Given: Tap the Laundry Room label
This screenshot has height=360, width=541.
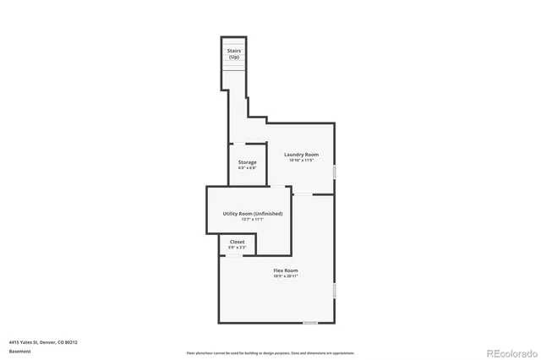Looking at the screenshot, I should [x=301, y=155].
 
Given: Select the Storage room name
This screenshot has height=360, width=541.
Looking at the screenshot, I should [x=247, y=162].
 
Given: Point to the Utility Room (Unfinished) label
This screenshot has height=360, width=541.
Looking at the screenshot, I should [x=253, y=214].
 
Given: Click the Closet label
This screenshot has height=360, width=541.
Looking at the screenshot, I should [x=238, y=242].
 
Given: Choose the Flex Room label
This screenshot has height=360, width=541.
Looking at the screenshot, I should [x=285, y=270].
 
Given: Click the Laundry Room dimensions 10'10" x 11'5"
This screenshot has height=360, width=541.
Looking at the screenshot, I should [x=301, y=161].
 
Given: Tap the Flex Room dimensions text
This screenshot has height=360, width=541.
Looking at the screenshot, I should [x=285, y=276].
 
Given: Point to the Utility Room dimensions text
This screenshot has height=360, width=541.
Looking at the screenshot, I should [x=253, y=220].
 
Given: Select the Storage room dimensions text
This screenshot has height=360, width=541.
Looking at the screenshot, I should [x=247, y=168].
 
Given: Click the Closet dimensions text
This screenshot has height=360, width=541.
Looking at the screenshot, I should [x=238, y=248].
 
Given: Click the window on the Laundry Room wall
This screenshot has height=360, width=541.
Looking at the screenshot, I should [x=335, y=172].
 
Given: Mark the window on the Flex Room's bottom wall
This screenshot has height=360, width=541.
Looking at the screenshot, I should [x=310, y=323].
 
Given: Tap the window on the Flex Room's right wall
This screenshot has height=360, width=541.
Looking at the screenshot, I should [x=335, y=290].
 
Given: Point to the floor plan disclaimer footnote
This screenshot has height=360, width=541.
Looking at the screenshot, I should [x=270, y=353].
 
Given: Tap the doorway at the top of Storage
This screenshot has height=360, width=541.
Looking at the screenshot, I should [x=240, y=144].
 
